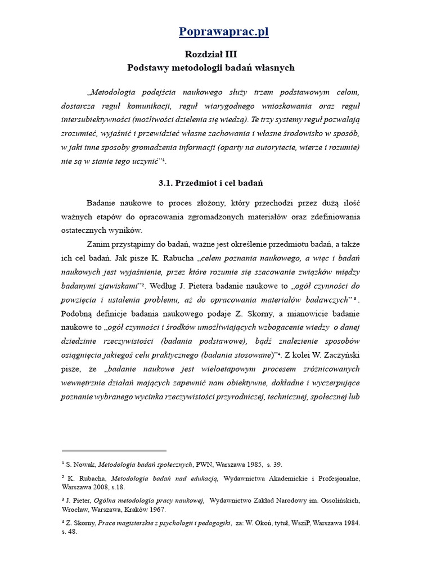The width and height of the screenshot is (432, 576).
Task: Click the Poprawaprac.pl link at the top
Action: click(223, 31)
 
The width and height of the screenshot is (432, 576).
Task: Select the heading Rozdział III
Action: click(210, 54)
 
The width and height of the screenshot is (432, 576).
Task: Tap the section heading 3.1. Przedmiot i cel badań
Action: click(210, 183)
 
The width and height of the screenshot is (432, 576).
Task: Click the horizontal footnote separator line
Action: click(114, 451)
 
